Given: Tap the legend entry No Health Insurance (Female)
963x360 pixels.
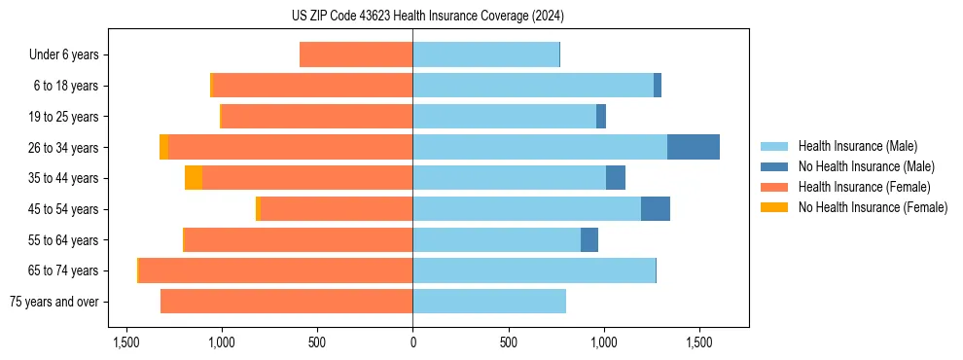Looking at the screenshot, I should point(873,207).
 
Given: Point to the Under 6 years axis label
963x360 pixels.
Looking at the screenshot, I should point(64,55).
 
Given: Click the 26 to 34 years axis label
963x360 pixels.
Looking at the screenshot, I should point(64,148).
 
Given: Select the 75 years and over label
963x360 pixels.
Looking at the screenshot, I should point(54,302).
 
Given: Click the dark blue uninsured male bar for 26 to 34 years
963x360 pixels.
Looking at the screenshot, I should point(693,147).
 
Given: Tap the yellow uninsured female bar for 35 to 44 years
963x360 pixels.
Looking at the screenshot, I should point(194,178).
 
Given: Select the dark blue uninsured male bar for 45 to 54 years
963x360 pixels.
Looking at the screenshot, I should point(655,209).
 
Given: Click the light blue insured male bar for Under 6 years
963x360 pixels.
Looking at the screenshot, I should point(485,54).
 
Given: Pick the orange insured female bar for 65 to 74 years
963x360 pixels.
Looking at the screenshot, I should point(275,270).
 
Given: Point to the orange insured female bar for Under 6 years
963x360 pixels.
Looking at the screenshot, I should point(356,54).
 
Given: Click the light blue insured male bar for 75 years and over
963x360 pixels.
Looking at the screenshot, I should point(489,302).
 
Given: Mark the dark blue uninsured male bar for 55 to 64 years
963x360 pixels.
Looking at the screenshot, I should point(588,240).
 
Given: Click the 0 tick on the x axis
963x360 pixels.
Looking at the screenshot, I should point(412,343).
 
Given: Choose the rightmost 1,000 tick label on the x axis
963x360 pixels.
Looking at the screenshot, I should point(604,343).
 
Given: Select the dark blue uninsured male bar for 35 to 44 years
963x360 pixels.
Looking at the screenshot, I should point(615,178).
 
